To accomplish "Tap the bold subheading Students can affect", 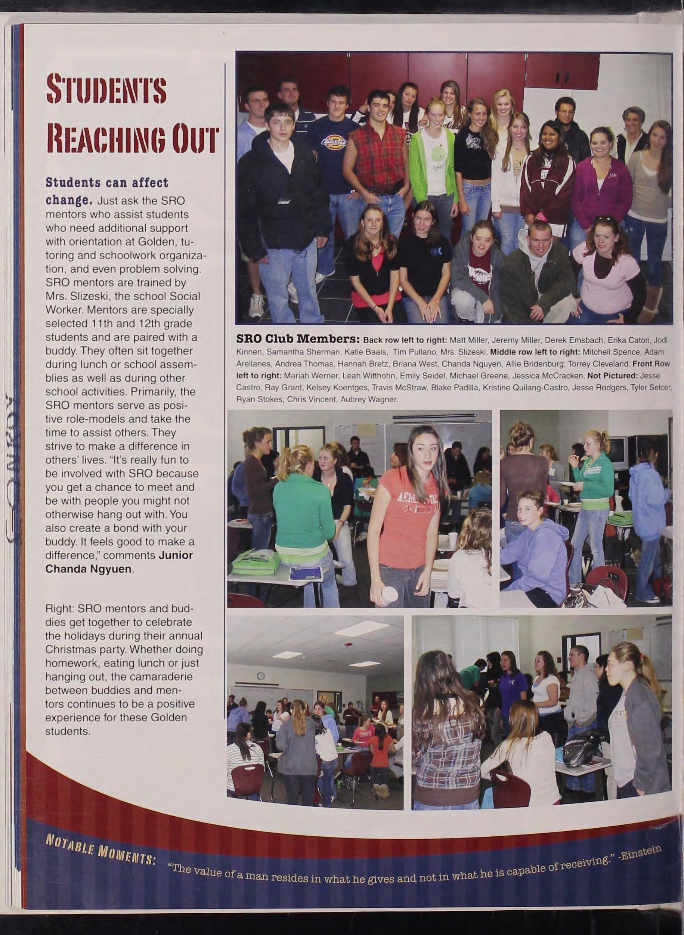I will point(107,183).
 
